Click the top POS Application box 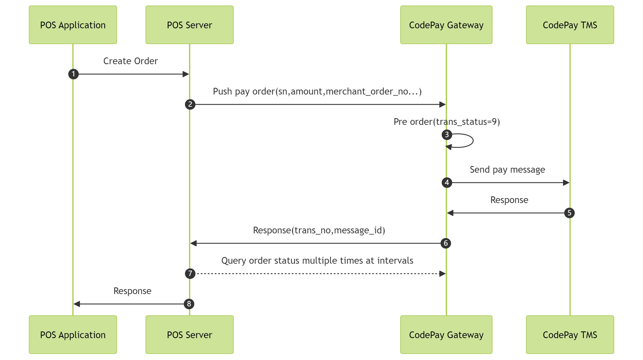(x=73, y=25)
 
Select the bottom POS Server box (x=190, y=335)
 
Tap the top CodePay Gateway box (x=446, y=25)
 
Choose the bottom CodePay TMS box (x=570, y=335)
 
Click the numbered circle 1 (x=74, y=74)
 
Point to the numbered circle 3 (x=447, y=135)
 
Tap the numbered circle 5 (x=569, y=213)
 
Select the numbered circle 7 (x=190, y=274)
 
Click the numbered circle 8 (x=189, y=304)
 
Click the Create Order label (x=130, y=61)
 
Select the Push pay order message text (x=317, y=91)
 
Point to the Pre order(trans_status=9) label (x=447, y=122)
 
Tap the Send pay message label (x=507, y=169)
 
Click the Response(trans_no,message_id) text (x=319, y=230)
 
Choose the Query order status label (x=317, y=261)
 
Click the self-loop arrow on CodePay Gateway (x=472, y=141)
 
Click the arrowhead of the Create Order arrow (x=186, y=74)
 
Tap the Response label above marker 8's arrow (x=132, y=291)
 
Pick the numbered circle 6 (x=445, y=243)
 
